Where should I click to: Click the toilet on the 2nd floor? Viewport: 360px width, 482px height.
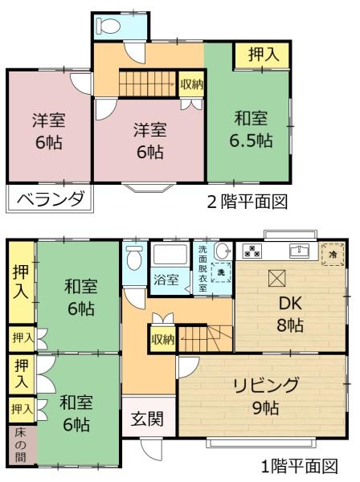[108, 26]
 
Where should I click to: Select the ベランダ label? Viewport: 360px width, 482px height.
[51, 198]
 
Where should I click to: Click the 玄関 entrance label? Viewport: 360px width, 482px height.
[147, 419]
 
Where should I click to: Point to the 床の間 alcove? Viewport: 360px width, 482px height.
[21, 445]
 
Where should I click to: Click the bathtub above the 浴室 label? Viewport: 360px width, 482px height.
[170, 255]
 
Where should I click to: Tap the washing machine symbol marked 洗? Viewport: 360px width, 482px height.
[221, 272]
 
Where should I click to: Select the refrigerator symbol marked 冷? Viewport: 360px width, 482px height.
[333, 255]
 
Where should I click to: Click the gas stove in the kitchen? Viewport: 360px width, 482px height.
[252, 251]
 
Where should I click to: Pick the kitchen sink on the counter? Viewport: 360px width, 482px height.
[300, 251]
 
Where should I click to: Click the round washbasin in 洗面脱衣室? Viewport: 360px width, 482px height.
[223, 251]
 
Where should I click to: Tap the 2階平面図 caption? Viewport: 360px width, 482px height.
[247, 202]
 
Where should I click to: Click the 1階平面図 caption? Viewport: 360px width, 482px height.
[300, 466]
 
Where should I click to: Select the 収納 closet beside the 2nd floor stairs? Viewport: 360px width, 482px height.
[191, 84]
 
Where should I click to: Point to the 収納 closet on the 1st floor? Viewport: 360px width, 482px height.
[162, 339]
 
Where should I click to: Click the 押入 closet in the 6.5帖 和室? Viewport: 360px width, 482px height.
[263, 55]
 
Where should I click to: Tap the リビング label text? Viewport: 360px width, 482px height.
[266, 386]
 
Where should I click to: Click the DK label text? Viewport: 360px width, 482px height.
[291, 304]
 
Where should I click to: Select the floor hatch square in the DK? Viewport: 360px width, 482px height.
[276, 278]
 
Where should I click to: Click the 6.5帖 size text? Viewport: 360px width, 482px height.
[251, 141]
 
